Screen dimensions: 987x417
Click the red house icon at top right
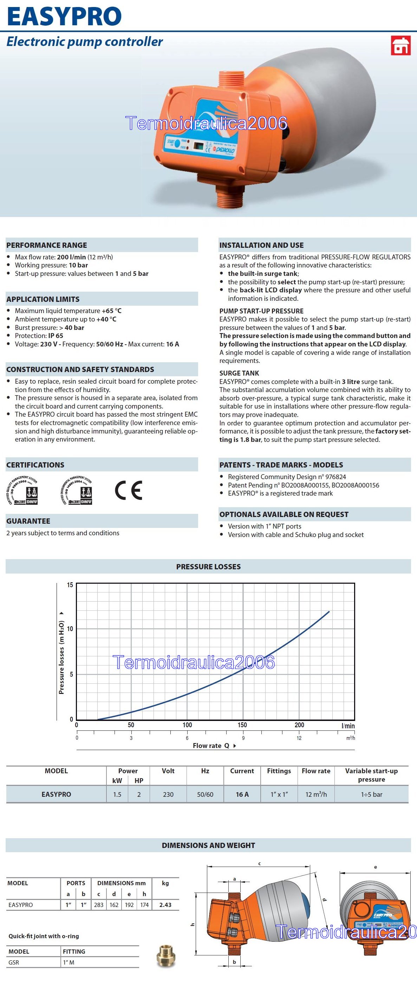[400, 45]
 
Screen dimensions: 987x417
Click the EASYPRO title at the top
[64, 16]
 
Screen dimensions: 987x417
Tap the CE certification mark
[129, 490]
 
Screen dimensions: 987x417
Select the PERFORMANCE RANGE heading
[46, 245]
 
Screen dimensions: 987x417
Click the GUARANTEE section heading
[28, 521]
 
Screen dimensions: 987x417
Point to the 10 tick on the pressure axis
[70, 629]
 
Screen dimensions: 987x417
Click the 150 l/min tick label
[242, 725]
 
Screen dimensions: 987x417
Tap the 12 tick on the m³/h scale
[299, 738]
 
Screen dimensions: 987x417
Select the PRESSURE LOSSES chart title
[208, 567]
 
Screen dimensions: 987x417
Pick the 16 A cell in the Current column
[242, 795]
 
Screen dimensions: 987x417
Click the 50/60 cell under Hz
[205, 795]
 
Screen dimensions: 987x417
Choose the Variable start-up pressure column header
[371, 775]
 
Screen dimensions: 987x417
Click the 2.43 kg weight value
[165, 905]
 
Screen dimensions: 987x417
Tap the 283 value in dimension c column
[99, 905]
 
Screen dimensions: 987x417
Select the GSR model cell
[14, 962]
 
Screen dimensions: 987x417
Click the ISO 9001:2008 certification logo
[22, 490]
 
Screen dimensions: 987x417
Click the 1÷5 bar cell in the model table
[371, 795]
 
